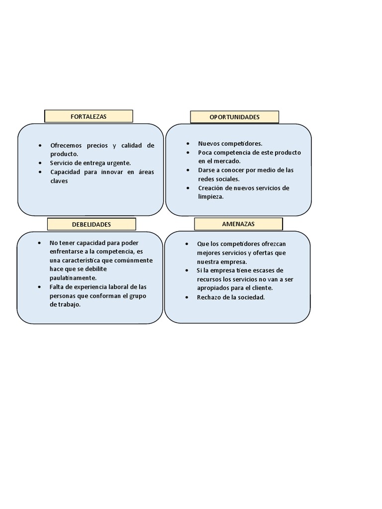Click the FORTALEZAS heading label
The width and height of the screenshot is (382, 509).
click(x=89, y=116)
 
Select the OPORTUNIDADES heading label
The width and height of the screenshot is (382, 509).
click(x=235, y=117)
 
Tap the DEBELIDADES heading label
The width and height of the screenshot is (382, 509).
click(x=92, y=224)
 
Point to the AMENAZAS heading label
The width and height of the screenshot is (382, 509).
click(x=238, y=224)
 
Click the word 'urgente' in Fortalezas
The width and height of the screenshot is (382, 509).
click(x=118, y=163)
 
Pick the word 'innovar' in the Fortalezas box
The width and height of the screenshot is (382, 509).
click(x=112, y=171)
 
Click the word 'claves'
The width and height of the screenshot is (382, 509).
click(x=59, y=181)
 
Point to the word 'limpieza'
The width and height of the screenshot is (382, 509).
click(x=211, y=197)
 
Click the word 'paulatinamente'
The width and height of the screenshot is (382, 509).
click(x=73, y=278)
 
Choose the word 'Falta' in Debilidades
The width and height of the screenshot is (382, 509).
click(x=57, y=287)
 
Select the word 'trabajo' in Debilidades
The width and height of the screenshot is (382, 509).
click(x=69, y=305)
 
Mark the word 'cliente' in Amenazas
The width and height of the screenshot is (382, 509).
click(x=263, y=288)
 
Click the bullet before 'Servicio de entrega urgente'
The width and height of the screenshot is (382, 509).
click(x=40, y=163)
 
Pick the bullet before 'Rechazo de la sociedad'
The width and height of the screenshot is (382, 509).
click(x=187, y=297)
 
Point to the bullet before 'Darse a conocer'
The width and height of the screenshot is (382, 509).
click(x=188, y=170)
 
